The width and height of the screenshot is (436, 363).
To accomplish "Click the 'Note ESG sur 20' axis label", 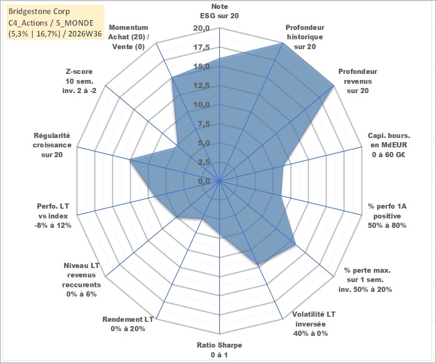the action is tap(219, 11).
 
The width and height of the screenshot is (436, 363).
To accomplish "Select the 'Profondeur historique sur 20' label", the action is tap(305, 37).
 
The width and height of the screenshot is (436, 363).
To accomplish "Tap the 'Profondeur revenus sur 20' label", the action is tap(357, 81).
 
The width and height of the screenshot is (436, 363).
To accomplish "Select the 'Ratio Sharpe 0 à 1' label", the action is tap(219, 350).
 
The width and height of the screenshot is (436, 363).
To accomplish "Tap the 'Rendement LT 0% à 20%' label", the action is tap(128, 324).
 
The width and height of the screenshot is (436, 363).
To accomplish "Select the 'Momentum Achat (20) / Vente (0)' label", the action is tap(129, 37).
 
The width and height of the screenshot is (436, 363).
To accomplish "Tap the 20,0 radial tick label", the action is tap(201, 29).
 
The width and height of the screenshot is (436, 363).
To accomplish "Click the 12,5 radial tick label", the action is tap(201, 86).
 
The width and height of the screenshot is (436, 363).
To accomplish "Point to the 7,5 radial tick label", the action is tap(204, 124).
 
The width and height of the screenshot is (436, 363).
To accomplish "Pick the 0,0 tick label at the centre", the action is tap(204, 181).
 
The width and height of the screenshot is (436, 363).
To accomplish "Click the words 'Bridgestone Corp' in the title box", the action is tap(39, 11).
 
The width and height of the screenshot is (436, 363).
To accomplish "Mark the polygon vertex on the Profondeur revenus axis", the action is tap(333, 86).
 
